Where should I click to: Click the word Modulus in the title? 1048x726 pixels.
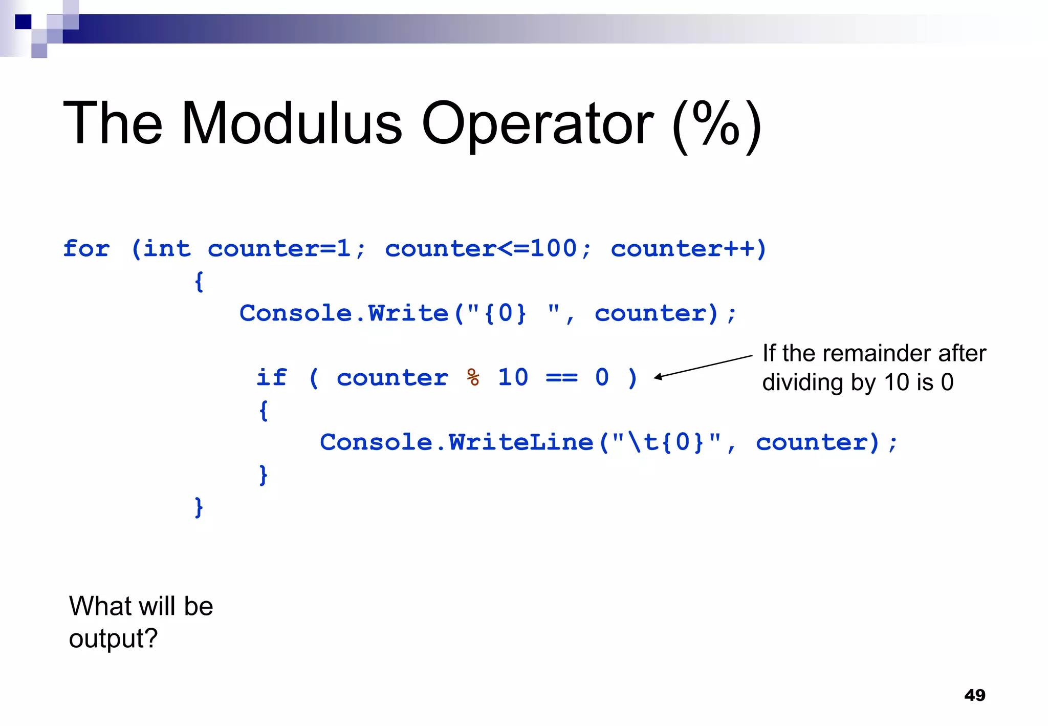[292, 124]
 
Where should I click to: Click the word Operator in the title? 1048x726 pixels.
[537, 124]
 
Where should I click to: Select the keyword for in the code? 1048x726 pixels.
[86, 249]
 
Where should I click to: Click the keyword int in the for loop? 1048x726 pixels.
[167, 249]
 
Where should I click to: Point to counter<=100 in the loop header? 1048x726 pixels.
[481, 249]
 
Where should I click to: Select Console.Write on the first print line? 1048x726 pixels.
[344, 313]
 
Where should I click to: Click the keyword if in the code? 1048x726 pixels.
[271, 378]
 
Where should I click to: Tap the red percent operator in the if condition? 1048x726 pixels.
[473, 378]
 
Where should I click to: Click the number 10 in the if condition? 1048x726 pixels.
[513, 378]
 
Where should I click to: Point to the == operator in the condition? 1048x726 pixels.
[562, 378]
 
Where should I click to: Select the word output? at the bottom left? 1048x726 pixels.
[113, 639]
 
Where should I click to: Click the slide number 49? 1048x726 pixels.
[974, 695]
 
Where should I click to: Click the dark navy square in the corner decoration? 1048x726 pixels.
[23, 22]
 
